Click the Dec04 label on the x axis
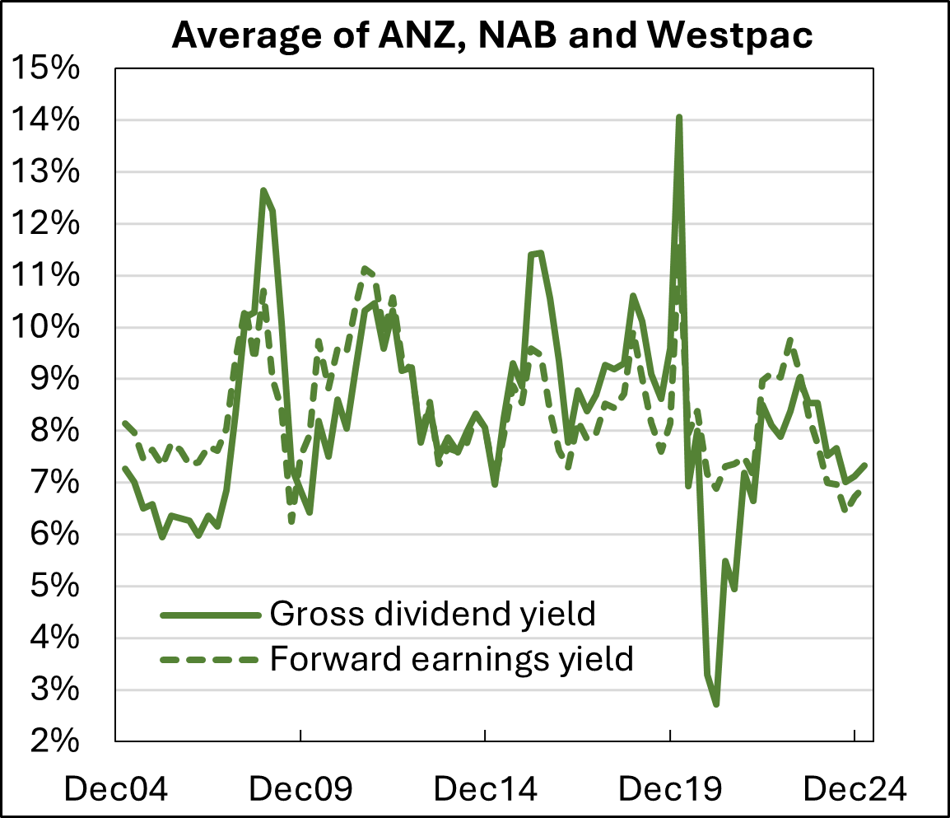(x=116, y=789)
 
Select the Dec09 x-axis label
(x=301, y=789)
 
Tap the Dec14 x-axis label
(x=486, y=789)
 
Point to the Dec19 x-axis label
(x=670, y=789)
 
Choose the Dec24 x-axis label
(x=855, y=789)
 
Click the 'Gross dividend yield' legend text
(x=432, y=614)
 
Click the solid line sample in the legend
(x=210, y=615)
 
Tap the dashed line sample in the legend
(x=210, y=659)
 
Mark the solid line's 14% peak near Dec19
(x=679, y=118)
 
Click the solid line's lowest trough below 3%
(x=717, y=703)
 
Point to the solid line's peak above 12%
(x=263, y=190)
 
